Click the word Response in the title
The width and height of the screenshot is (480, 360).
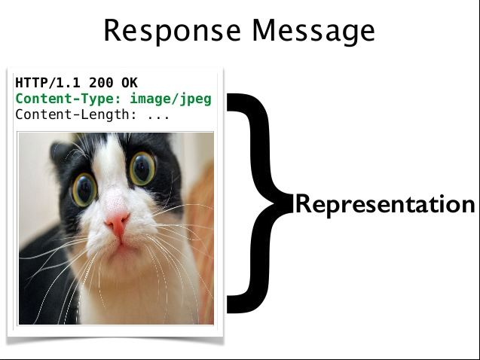tap(173, 31)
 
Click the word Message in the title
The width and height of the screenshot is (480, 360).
tap(313, 31)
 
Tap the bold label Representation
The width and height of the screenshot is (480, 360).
tap(385, 205)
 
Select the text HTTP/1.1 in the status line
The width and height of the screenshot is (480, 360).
tap(48, 83)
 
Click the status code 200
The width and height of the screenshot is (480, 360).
tap(101, 83)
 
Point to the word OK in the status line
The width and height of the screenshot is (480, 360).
tap(130, 83)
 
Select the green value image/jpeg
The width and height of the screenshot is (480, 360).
tap(171, 99)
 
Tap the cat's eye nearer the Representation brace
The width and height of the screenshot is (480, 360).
tap(142, 169)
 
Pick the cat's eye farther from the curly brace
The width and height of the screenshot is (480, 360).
tap(84, 189)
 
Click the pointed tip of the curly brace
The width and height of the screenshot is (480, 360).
tap(292, 203)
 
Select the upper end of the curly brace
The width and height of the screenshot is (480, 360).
tap(228, 102)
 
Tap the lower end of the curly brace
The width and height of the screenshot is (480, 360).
tap(228, 304)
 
